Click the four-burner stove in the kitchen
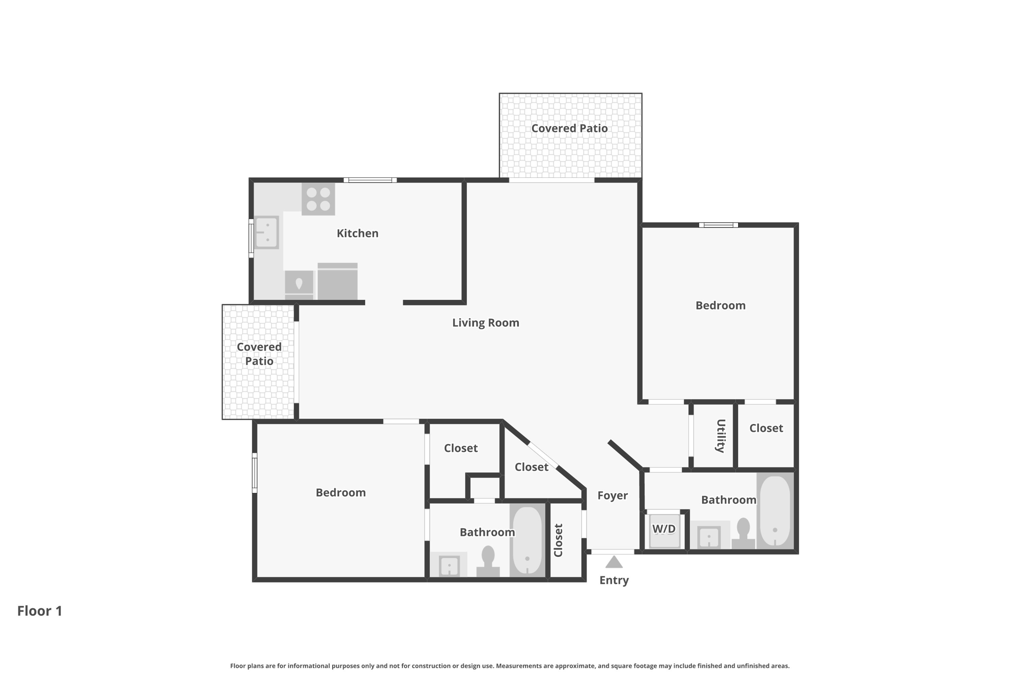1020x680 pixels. click(318, 199)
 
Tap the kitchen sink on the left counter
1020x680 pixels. click(266, 233)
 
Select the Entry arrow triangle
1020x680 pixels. click(614, 562)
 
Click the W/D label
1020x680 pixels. click(664, 529)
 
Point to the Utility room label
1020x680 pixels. click(720, 435)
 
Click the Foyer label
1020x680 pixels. click(613, 495)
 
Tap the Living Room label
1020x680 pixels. click(486, 323)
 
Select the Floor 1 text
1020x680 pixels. click(40, 611)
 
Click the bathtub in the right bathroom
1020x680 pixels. click(775, 511)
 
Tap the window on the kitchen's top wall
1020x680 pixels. click(370, 180)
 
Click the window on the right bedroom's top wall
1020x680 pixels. click(718, 225)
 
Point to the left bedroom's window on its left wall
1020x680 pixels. click(255, 473)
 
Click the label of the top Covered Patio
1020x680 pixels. click(570, 128)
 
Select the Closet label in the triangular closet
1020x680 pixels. click(531, 467)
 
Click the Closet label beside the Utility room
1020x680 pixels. click(766, 428)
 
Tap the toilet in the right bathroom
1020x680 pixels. click(743, 533)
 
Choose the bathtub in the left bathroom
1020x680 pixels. click(527, 540)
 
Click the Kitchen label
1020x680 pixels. click(358, 233)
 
